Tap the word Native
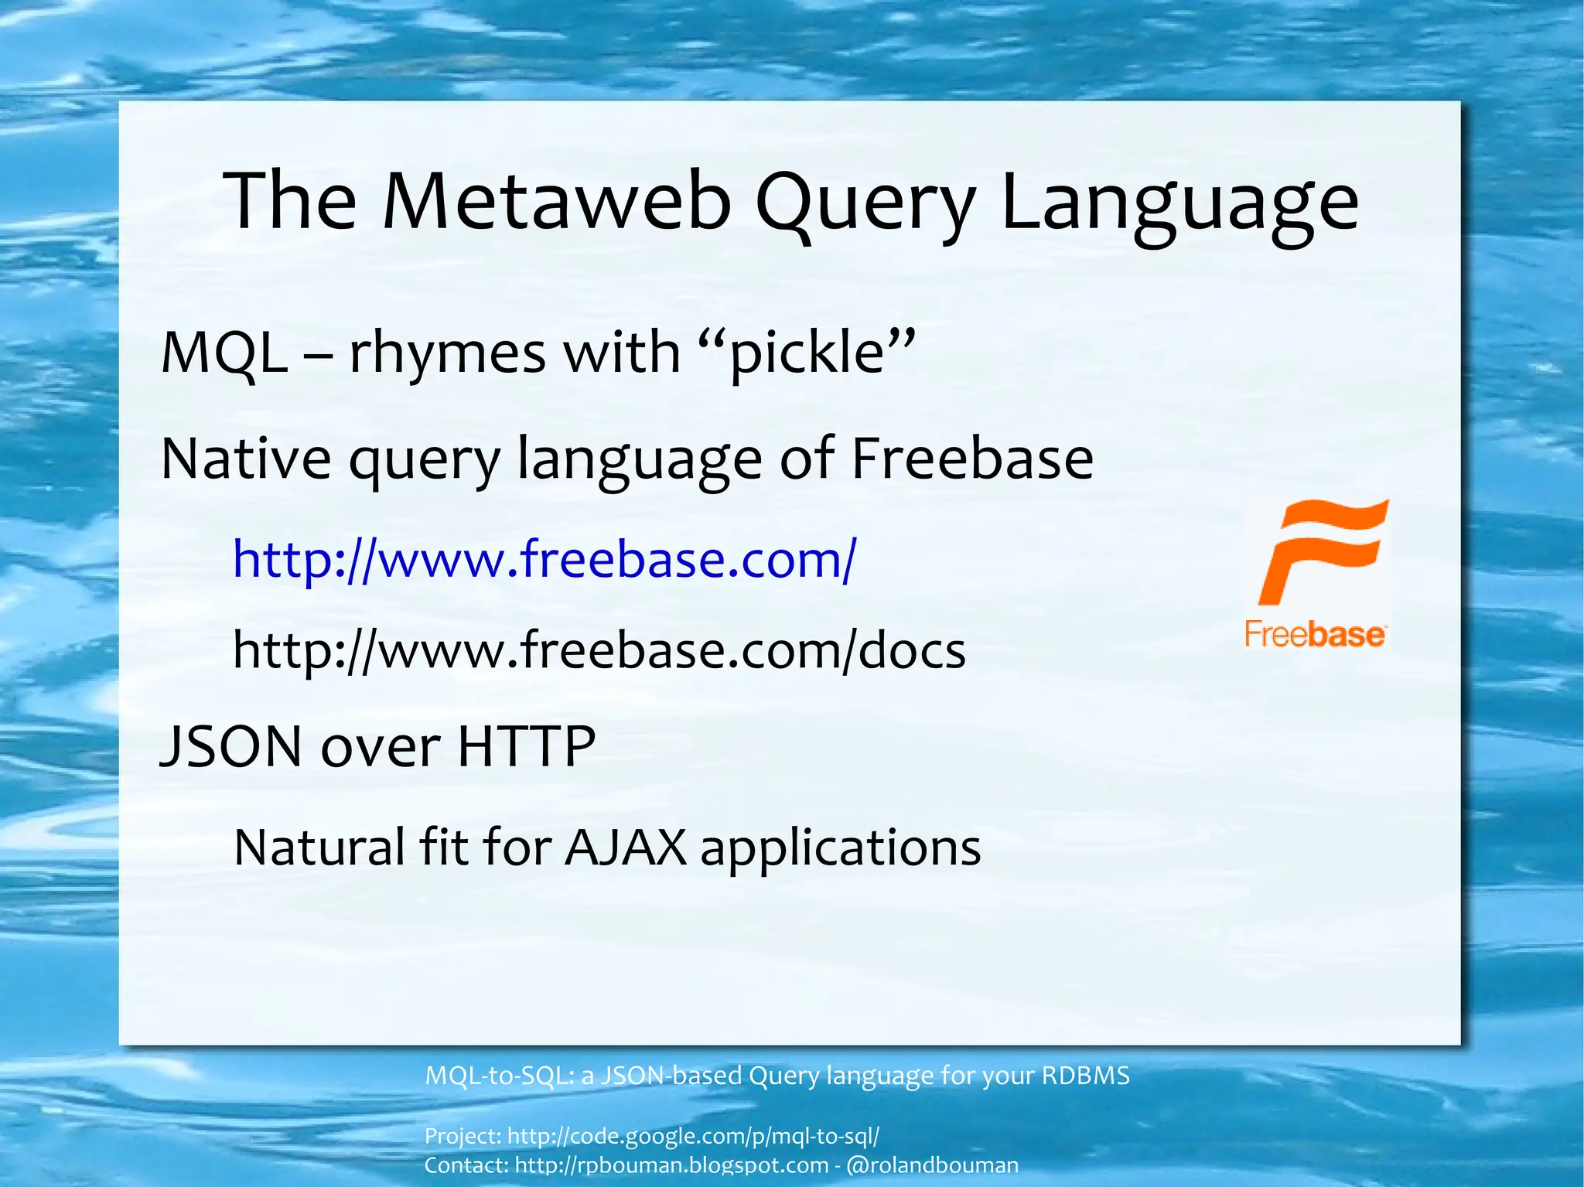246,459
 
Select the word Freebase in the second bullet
972,459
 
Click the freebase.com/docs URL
599,650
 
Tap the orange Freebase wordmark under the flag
1315,634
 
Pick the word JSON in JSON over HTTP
230,746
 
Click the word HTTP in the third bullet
527,746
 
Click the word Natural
320,847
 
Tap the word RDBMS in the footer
1086,1076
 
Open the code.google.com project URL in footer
693,1136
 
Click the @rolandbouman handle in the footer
933,1165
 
